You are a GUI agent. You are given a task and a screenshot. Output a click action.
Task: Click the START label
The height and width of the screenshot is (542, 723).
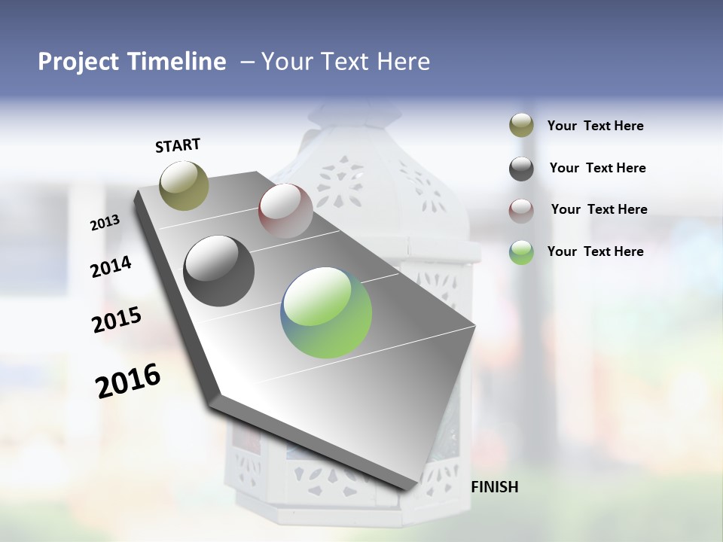[x=178, y=145]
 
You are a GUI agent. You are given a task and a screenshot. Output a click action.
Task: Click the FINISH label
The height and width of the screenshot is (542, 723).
[x=494, y=487]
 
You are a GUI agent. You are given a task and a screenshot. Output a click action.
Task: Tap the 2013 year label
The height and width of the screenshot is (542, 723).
[x=105, y=223]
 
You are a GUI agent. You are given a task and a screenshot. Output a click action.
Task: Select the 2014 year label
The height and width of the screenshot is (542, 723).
[x=111, y=266]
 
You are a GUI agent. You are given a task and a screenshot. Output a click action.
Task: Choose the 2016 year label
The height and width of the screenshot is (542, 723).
[x=128, y=380]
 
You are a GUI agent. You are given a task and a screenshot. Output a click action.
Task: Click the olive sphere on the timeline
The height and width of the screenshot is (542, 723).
[x=184, y=185]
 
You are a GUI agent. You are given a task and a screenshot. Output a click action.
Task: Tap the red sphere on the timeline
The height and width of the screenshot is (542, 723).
[x=285, y=211]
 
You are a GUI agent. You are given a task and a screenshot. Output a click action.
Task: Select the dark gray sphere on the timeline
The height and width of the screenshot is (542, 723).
[x=219, y=271]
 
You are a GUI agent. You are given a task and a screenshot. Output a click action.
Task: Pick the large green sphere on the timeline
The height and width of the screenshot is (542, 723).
[x=326, y=312]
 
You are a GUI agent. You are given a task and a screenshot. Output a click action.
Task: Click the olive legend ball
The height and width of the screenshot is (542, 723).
[x=521, y=126]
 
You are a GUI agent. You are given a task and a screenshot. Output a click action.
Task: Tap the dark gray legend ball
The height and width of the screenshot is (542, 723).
[x=521, y=169]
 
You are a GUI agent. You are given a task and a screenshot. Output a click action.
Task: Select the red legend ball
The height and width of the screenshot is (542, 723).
[x=521, y=210]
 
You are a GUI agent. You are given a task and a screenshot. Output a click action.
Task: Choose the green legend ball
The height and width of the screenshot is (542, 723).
[x=521, y=252]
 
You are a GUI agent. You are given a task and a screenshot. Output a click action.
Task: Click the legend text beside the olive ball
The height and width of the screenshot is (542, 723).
[x=595, y=126]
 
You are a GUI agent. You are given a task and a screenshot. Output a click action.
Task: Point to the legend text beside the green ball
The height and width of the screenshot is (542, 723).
[x=595, y=251]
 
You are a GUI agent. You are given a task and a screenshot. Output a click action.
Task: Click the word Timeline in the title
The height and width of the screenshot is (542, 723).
[x=178, y=62]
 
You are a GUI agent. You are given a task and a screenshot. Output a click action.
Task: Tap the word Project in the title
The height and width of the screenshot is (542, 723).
[x=78, y=62]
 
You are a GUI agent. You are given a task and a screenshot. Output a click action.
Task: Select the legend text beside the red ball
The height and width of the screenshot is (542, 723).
[x=599, y=209]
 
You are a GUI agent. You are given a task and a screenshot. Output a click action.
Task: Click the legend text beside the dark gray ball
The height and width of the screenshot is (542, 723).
[x=597, y=168]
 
